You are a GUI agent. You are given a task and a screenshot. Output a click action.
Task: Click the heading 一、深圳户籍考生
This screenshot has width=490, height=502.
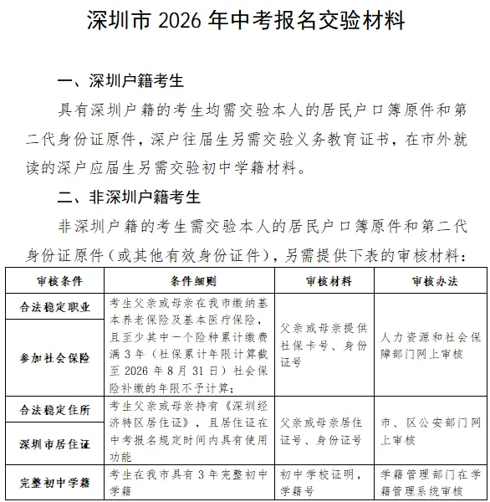120,81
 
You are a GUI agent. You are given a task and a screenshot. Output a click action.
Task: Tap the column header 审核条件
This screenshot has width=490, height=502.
56,280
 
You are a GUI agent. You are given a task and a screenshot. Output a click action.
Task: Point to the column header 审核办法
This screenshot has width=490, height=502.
427,280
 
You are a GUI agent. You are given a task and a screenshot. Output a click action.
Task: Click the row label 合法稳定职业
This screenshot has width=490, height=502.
56,307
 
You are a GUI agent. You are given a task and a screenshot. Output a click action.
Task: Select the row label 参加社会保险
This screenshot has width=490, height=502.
56,358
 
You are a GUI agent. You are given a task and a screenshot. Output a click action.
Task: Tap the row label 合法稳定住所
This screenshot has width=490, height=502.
56,410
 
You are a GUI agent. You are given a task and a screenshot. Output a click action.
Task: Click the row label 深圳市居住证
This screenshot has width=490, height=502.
56,441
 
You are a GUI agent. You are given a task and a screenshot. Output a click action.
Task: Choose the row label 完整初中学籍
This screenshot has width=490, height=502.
56,483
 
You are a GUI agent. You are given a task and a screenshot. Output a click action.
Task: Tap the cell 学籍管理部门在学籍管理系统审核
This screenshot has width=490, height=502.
427,483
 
